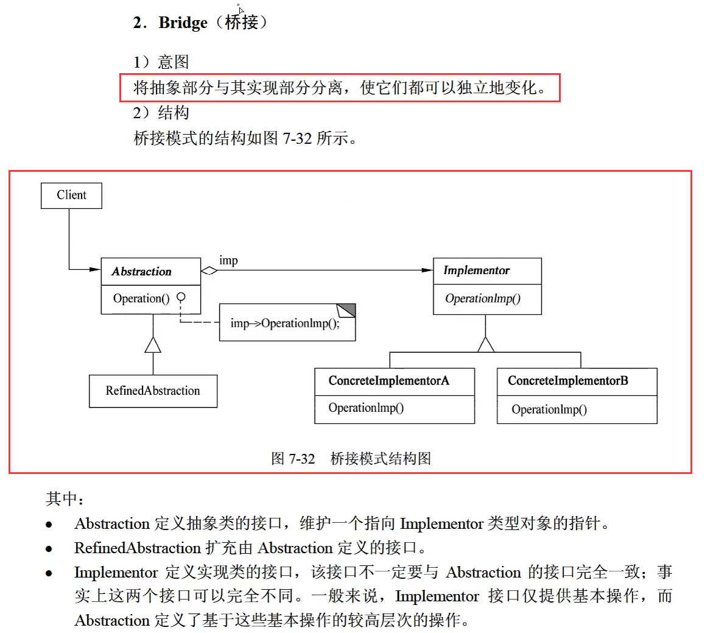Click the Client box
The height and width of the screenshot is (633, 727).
[x=71, y=196]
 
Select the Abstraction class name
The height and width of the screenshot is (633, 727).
[x=141, y=272]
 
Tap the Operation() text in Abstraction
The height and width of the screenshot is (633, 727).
[x=141, y=299]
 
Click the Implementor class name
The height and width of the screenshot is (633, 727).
[x=476, y=271]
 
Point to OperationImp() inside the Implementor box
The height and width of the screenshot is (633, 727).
[x=482, y=299]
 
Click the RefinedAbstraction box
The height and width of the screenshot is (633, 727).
[x=153, y=391]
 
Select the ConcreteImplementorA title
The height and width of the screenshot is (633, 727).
[x=388, y=381]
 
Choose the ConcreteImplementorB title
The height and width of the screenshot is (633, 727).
[x=567, y=381]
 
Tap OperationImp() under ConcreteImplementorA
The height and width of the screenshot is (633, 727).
[x=366, y=408]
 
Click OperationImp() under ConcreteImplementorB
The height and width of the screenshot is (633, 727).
[x=549, y=409]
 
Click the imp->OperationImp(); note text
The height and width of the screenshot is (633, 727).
[x=285, y=324]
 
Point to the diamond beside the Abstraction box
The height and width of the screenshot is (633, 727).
[x=209, y=271]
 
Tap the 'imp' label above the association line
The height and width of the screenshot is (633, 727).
[x=228, y=260]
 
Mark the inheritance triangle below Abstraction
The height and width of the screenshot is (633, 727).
[x=153, y=345]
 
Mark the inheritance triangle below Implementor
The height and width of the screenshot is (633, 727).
[x=485, y=345]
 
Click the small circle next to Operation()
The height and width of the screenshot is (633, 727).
[x=181, y=297]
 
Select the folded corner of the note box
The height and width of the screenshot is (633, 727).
[x=346, y=310]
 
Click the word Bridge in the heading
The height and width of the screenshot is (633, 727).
[x=183, y=23]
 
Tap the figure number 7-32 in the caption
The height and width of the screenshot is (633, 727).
[x=301, y=458]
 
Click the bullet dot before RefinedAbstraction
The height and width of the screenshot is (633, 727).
[x=49, y=549]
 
